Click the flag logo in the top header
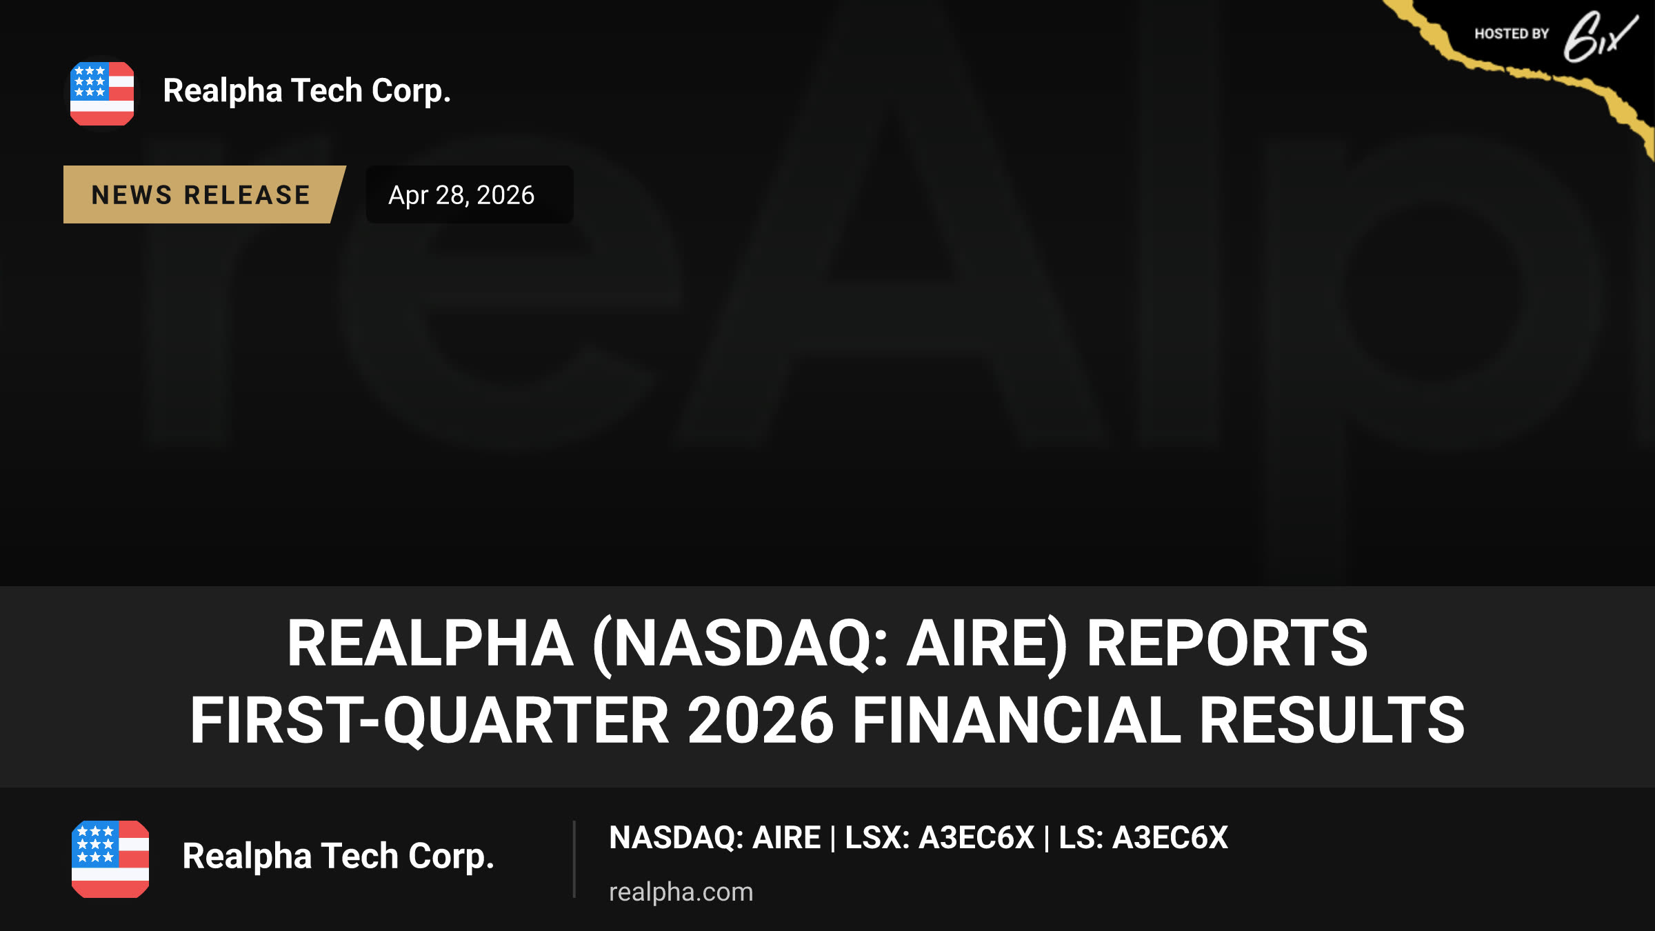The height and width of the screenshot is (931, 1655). coord(102,94)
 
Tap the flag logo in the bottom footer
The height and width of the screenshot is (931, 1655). coord(110,859)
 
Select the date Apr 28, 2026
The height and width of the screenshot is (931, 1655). coord(461,195)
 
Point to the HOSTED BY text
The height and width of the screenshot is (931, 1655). coord(1512,34)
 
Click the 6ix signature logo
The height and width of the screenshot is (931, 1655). coord(1600,36)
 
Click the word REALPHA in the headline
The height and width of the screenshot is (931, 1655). coord(430,643)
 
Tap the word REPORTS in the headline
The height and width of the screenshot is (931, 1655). coord(1227,643)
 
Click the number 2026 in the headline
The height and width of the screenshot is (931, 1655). coord(761,720)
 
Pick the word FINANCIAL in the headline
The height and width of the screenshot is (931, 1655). coord(1017,720)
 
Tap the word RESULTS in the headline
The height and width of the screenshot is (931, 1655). coord(1332,720)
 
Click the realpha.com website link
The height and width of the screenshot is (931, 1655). coord(681,892)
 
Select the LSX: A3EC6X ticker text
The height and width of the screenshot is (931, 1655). coord(939,838)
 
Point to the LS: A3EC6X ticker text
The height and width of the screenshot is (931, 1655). coord(1143,838)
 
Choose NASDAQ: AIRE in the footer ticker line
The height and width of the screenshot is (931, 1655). coord(715,838)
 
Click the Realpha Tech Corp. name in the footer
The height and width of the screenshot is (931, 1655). coord(339,857)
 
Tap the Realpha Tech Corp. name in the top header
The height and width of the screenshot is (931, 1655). coord(307,91)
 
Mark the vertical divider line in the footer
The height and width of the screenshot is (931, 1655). coord(574,859)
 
